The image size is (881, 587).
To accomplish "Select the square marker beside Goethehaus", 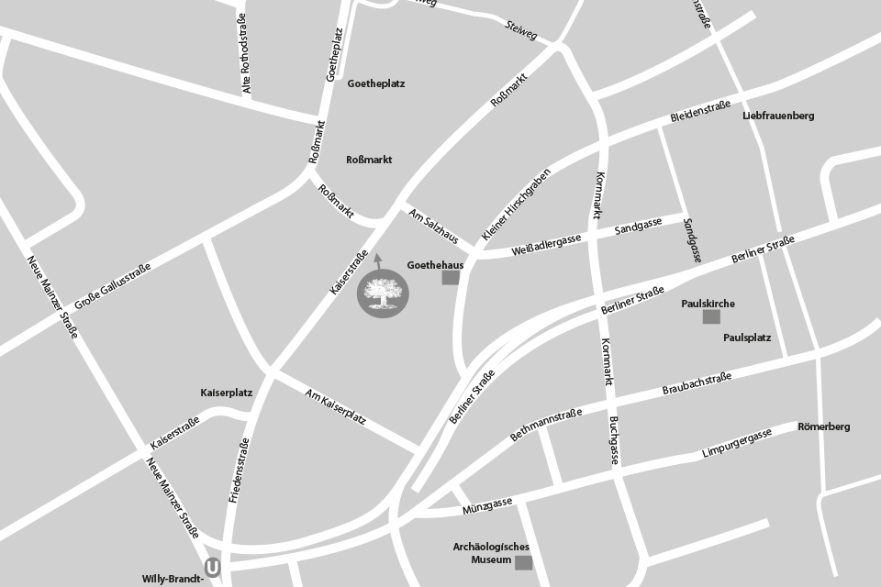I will [450, 277].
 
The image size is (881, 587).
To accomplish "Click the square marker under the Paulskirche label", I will [710, 316].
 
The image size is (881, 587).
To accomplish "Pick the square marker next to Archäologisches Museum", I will [522, 562].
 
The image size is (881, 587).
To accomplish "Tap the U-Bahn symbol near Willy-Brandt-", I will [213, 569].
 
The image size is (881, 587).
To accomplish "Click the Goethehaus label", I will [435, 264].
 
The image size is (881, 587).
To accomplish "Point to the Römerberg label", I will [823, 426].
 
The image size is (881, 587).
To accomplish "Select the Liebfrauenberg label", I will [778, 116].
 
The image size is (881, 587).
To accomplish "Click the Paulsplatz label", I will [747, 338].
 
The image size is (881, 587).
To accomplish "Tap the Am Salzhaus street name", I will [434, 226].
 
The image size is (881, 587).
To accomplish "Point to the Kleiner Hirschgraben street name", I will [517, 204].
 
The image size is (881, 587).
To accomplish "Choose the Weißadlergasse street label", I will [547, 243].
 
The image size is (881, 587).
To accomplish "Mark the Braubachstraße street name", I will [697, 384].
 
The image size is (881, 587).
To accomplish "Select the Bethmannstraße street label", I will [547, 426].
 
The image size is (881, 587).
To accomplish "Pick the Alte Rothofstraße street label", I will [245, 54].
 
